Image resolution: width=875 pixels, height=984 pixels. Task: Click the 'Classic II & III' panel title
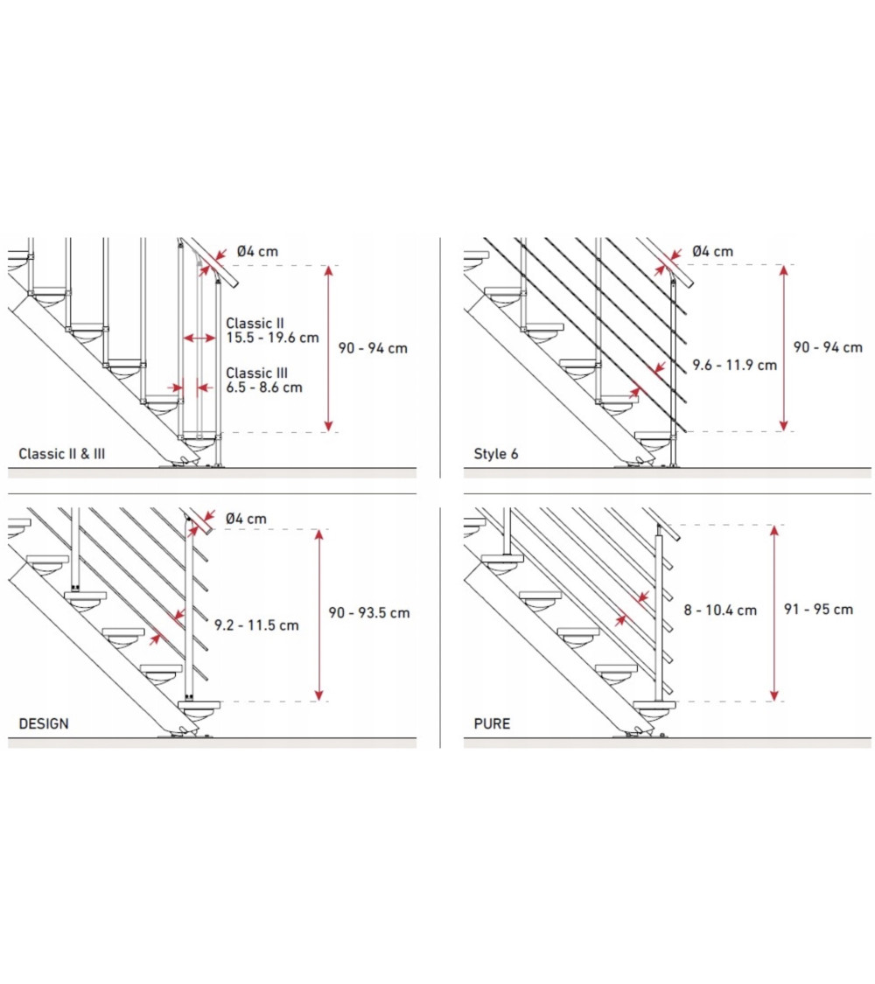point(61,454)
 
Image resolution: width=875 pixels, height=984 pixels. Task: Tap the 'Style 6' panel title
point(496,454)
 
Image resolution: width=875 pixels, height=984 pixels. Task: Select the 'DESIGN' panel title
point(44,723)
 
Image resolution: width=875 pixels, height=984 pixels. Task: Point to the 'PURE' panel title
point(492,723)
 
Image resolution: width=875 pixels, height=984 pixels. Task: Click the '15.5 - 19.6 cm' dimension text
point(272,338)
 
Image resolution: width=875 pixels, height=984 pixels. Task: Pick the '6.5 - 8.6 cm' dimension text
point(264,387)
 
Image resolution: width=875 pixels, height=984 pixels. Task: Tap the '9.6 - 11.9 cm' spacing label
point(734,365)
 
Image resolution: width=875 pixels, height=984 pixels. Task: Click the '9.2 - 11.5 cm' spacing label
point(256,625)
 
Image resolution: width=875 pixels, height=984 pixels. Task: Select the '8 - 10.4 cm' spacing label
point(720,610)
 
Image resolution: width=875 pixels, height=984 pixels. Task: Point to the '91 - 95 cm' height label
point(818,609)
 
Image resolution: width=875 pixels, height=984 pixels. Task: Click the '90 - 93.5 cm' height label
point(369,612)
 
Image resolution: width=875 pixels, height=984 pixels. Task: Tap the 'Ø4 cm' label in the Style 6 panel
point(712,251)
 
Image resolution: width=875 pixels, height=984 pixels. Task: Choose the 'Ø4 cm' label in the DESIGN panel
point(245,519)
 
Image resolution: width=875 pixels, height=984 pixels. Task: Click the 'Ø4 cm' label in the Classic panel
point(257,251)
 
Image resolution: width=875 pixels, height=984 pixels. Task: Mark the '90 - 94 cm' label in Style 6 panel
point(828,347)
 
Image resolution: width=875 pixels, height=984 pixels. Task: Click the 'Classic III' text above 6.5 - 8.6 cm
point(256,373)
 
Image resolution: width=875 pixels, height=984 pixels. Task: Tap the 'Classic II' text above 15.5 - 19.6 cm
point(255,323)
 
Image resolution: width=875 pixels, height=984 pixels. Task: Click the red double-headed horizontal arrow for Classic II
point(199,338)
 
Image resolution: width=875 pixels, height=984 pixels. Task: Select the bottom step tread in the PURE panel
point(654,705)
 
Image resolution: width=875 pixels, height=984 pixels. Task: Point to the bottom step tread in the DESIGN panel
point(199,705)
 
